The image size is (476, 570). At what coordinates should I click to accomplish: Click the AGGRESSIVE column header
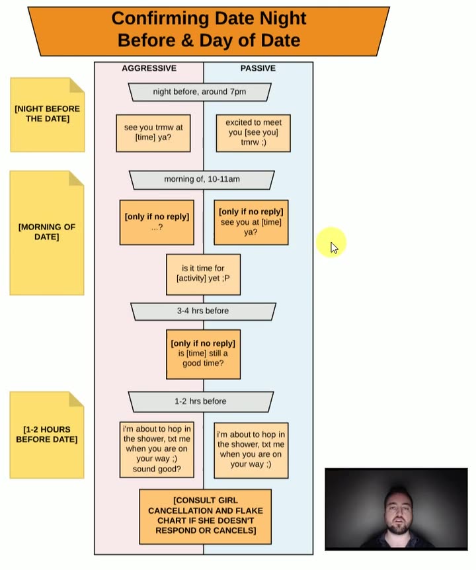pyautogui.click(x=149, y=68)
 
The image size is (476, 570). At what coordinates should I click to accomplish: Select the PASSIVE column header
pyautogui.click(x=258, y=68)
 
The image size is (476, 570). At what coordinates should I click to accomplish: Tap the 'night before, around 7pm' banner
pyautogui.click(x=200, y=92)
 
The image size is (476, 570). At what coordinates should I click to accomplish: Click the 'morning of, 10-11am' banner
pyautogui.click(x=202, y=179)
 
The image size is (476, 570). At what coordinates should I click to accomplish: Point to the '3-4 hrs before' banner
pyautogui.click(x=203, y=311)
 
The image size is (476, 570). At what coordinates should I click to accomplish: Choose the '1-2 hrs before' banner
pyautogui.click(x=200, y=401)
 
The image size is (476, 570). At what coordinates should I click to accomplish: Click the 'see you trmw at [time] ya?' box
pyautogui.click(x=153, y=133)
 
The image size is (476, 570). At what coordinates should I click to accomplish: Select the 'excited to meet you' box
pyautogui.click(x=253, y=132)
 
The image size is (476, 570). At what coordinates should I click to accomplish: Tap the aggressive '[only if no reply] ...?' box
pyautogui.click(x=157, y=222)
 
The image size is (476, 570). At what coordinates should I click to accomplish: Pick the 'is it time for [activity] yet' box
pyautogui.click(x=203, y=274)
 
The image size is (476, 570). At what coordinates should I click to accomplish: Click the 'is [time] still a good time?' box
pyautogui.click(x=203, y=354)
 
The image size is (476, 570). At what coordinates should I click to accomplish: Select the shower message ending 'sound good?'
pyautogui.click(x=157, y=450)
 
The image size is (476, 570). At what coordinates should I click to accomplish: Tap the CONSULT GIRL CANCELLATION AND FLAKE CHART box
pyautogui.click(x=206, y=516)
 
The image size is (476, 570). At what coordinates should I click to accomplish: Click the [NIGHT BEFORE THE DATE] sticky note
pyautogui.click(x=47, y=114)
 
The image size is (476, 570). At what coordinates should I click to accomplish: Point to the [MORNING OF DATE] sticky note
pyautogui.click(x=47, y=232)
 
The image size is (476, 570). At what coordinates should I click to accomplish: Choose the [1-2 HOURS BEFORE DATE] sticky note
pyautogui.click(x=47, y=434)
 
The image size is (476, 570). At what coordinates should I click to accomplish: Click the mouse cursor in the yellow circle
pyautogui.click(x=333, y=247)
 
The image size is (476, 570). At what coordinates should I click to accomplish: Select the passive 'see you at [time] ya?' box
pyautogui.click(x=251, y=222)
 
